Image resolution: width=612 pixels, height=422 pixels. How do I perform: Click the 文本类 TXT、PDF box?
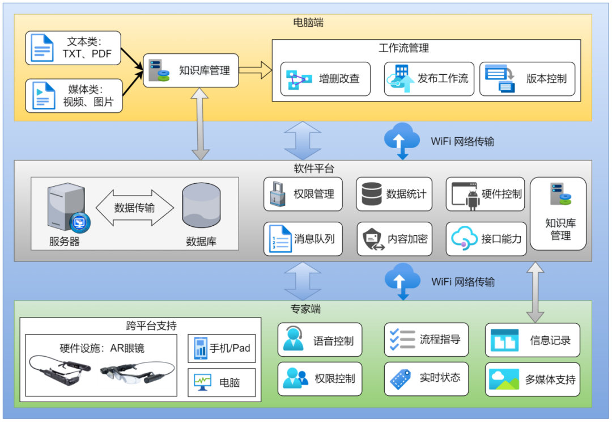click(73, 48)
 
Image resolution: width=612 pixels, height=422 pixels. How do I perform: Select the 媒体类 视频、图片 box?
click(74, 96)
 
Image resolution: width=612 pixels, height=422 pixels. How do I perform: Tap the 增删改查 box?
click(325, 79)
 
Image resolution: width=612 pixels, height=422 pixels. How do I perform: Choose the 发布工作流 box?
click(429, 79)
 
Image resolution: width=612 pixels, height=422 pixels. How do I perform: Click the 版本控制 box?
click(528, 79)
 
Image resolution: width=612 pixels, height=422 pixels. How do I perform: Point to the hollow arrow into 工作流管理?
click(255, 70)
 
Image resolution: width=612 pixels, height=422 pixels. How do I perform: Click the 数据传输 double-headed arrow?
click(135, 208)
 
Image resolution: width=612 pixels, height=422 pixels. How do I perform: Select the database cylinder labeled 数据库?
click(201, 205)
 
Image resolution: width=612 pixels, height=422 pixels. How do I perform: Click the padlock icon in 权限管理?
click(278, 194)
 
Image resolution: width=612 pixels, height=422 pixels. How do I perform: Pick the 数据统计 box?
click(394, 194)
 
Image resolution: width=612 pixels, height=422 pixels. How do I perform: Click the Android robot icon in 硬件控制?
click(473, 200)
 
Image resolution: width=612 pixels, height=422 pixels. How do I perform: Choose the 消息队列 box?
click(303, 239)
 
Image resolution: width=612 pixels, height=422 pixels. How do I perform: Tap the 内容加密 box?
click(394, 239)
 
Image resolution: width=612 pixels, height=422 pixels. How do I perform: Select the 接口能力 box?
click(486, 239)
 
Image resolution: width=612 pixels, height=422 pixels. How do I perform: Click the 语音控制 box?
click(320, 340)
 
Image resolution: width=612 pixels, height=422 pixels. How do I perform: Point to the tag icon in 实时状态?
click(400, 379)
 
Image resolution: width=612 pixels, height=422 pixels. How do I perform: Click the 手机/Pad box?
click(222, 348)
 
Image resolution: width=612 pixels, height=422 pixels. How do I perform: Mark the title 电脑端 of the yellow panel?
click(308, 23)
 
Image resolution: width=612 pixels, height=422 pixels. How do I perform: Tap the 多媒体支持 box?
click(532, 379)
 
